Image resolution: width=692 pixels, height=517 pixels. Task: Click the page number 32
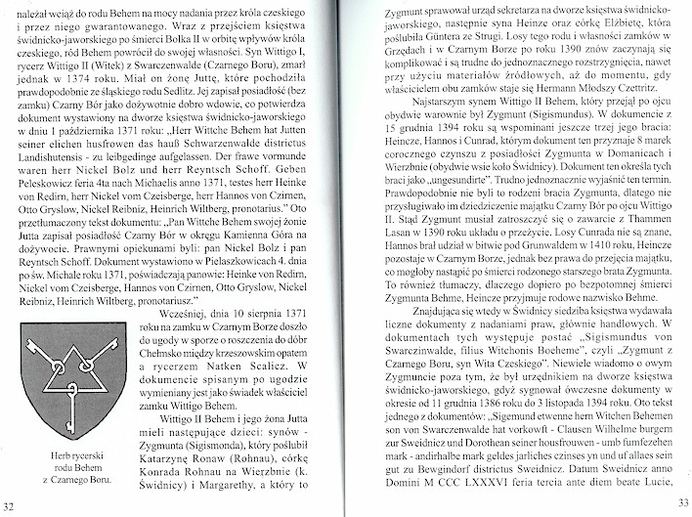pos(9,503)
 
